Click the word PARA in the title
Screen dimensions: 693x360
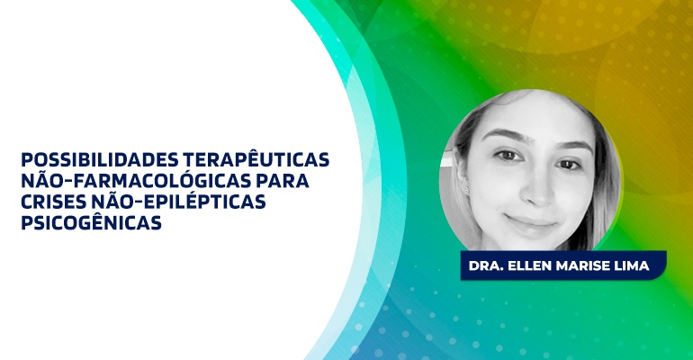(x=283, y=181)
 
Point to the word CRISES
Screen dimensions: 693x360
(x=52, y=202)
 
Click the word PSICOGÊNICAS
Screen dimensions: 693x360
(x=91, y=221)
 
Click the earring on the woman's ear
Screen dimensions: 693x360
(x=466, y=191)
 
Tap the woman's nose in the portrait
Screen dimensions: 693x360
(x=537, y=189)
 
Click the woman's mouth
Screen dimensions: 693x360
(x=530, y=220)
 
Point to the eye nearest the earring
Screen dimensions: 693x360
(x=508, y=155)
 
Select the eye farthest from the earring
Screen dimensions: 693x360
(x=569, y=165)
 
